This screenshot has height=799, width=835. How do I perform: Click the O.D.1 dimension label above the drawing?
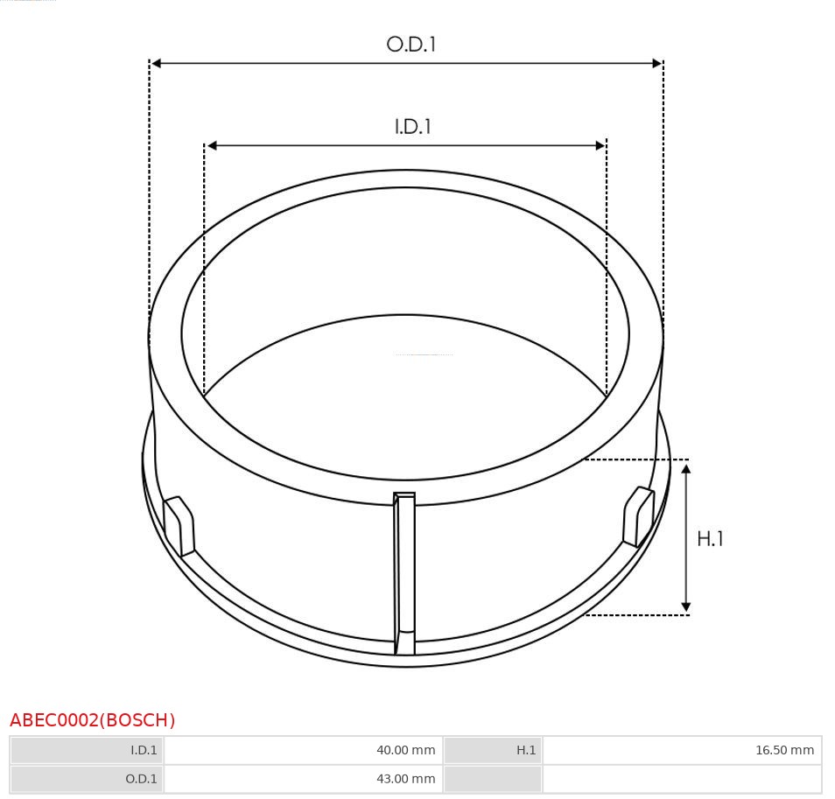coord(410,44)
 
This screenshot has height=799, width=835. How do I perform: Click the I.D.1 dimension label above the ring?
coord(413,126)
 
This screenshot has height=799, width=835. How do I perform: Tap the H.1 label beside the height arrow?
coord(710,539)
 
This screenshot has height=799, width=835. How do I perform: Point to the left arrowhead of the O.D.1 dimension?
coord(156,63)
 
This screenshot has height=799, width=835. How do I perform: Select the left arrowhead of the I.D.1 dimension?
coord(211,145)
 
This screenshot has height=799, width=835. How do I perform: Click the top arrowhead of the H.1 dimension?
coord(686,470)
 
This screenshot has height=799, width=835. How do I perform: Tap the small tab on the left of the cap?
coord(179,525)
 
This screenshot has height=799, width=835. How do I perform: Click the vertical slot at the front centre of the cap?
coord(404,569)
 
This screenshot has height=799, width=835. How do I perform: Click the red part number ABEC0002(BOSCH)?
coord(93,720)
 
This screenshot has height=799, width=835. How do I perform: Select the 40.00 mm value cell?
coord(304,750)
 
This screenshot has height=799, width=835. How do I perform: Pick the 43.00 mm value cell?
coord(304,779)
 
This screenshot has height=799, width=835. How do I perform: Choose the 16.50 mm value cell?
coord(682,750)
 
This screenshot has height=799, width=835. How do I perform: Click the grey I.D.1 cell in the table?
coord(88,750)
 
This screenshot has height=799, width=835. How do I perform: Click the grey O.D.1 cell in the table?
coord(88,779)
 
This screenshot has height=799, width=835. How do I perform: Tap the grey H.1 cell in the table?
coord(493,750)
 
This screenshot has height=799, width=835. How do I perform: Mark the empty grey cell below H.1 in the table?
coord(493,779)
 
